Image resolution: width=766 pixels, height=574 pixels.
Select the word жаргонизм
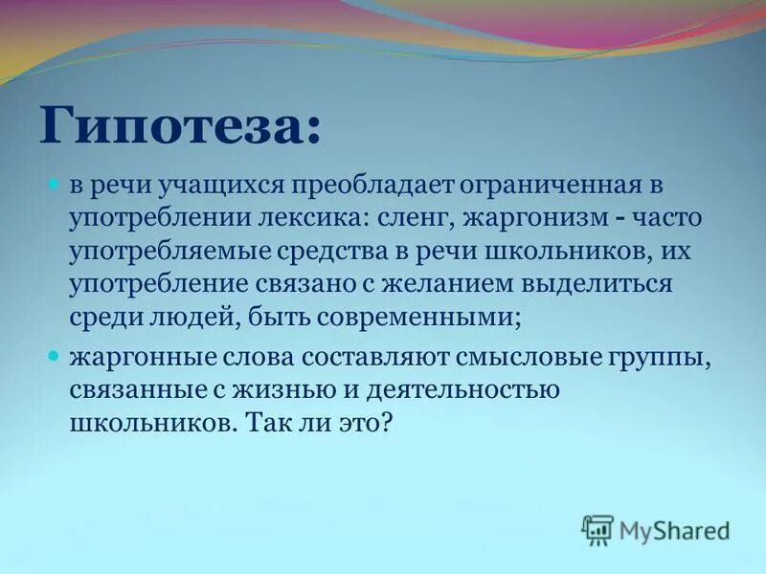pos(532,219)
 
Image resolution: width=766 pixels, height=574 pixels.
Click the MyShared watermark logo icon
pos(597,529)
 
